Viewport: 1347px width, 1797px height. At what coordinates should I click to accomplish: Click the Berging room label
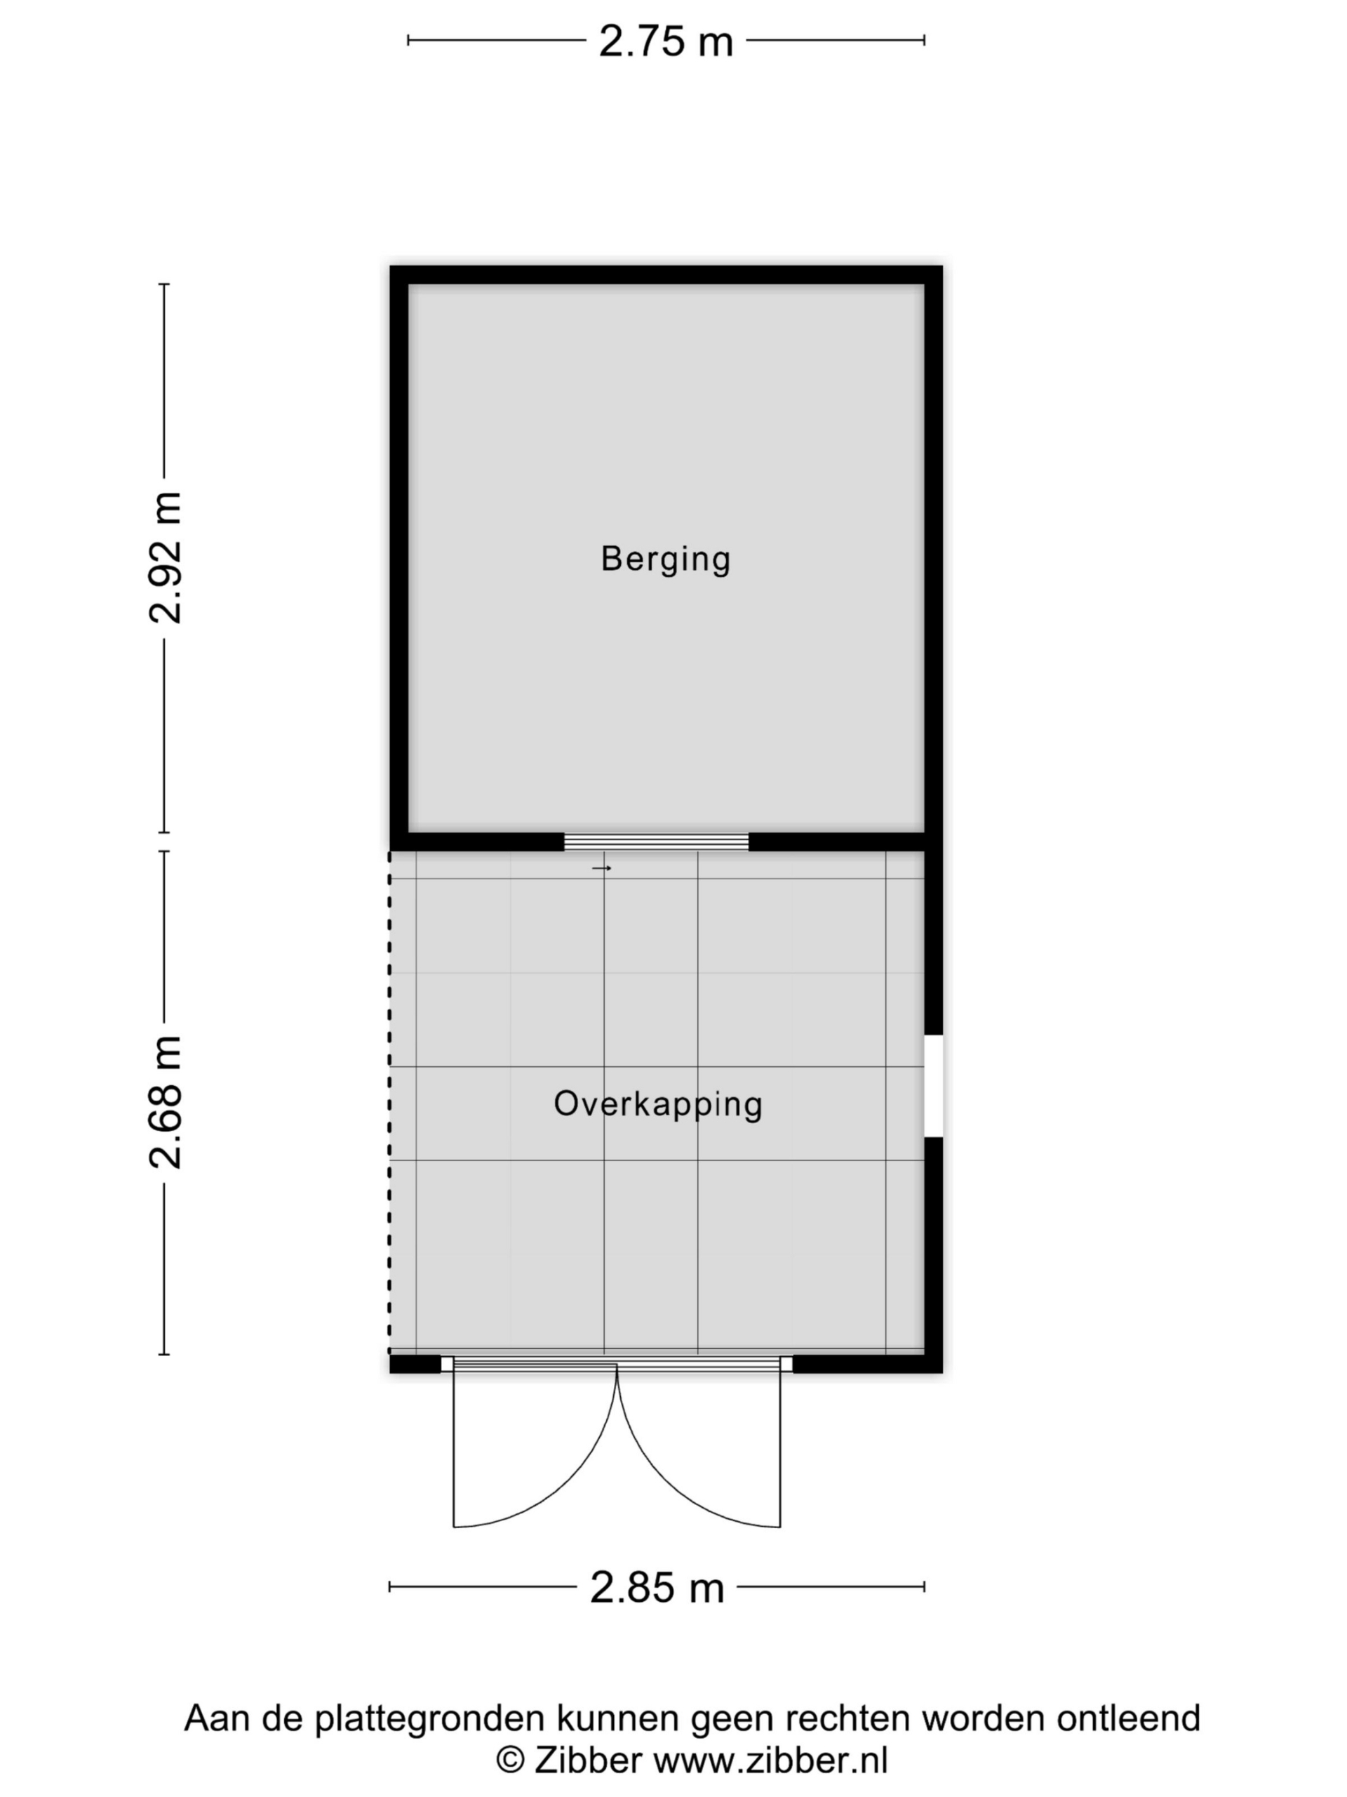665,559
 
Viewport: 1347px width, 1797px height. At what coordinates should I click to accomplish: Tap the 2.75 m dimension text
666,41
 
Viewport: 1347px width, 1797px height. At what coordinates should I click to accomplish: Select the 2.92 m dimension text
166,557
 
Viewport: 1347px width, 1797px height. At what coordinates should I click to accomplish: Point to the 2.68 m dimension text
166,1102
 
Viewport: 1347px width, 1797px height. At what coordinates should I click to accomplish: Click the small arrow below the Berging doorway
602,868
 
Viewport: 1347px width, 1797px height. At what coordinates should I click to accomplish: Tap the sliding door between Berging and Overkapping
656,842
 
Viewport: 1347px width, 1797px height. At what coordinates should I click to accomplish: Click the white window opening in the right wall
934,1085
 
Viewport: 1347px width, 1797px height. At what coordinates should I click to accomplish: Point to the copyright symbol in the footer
510,1760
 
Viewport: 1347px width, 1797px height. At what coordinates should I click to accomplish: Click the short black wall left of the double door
415,1364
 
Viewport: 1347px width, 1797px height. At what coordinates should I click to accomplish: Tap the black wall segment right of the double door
867,1364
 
